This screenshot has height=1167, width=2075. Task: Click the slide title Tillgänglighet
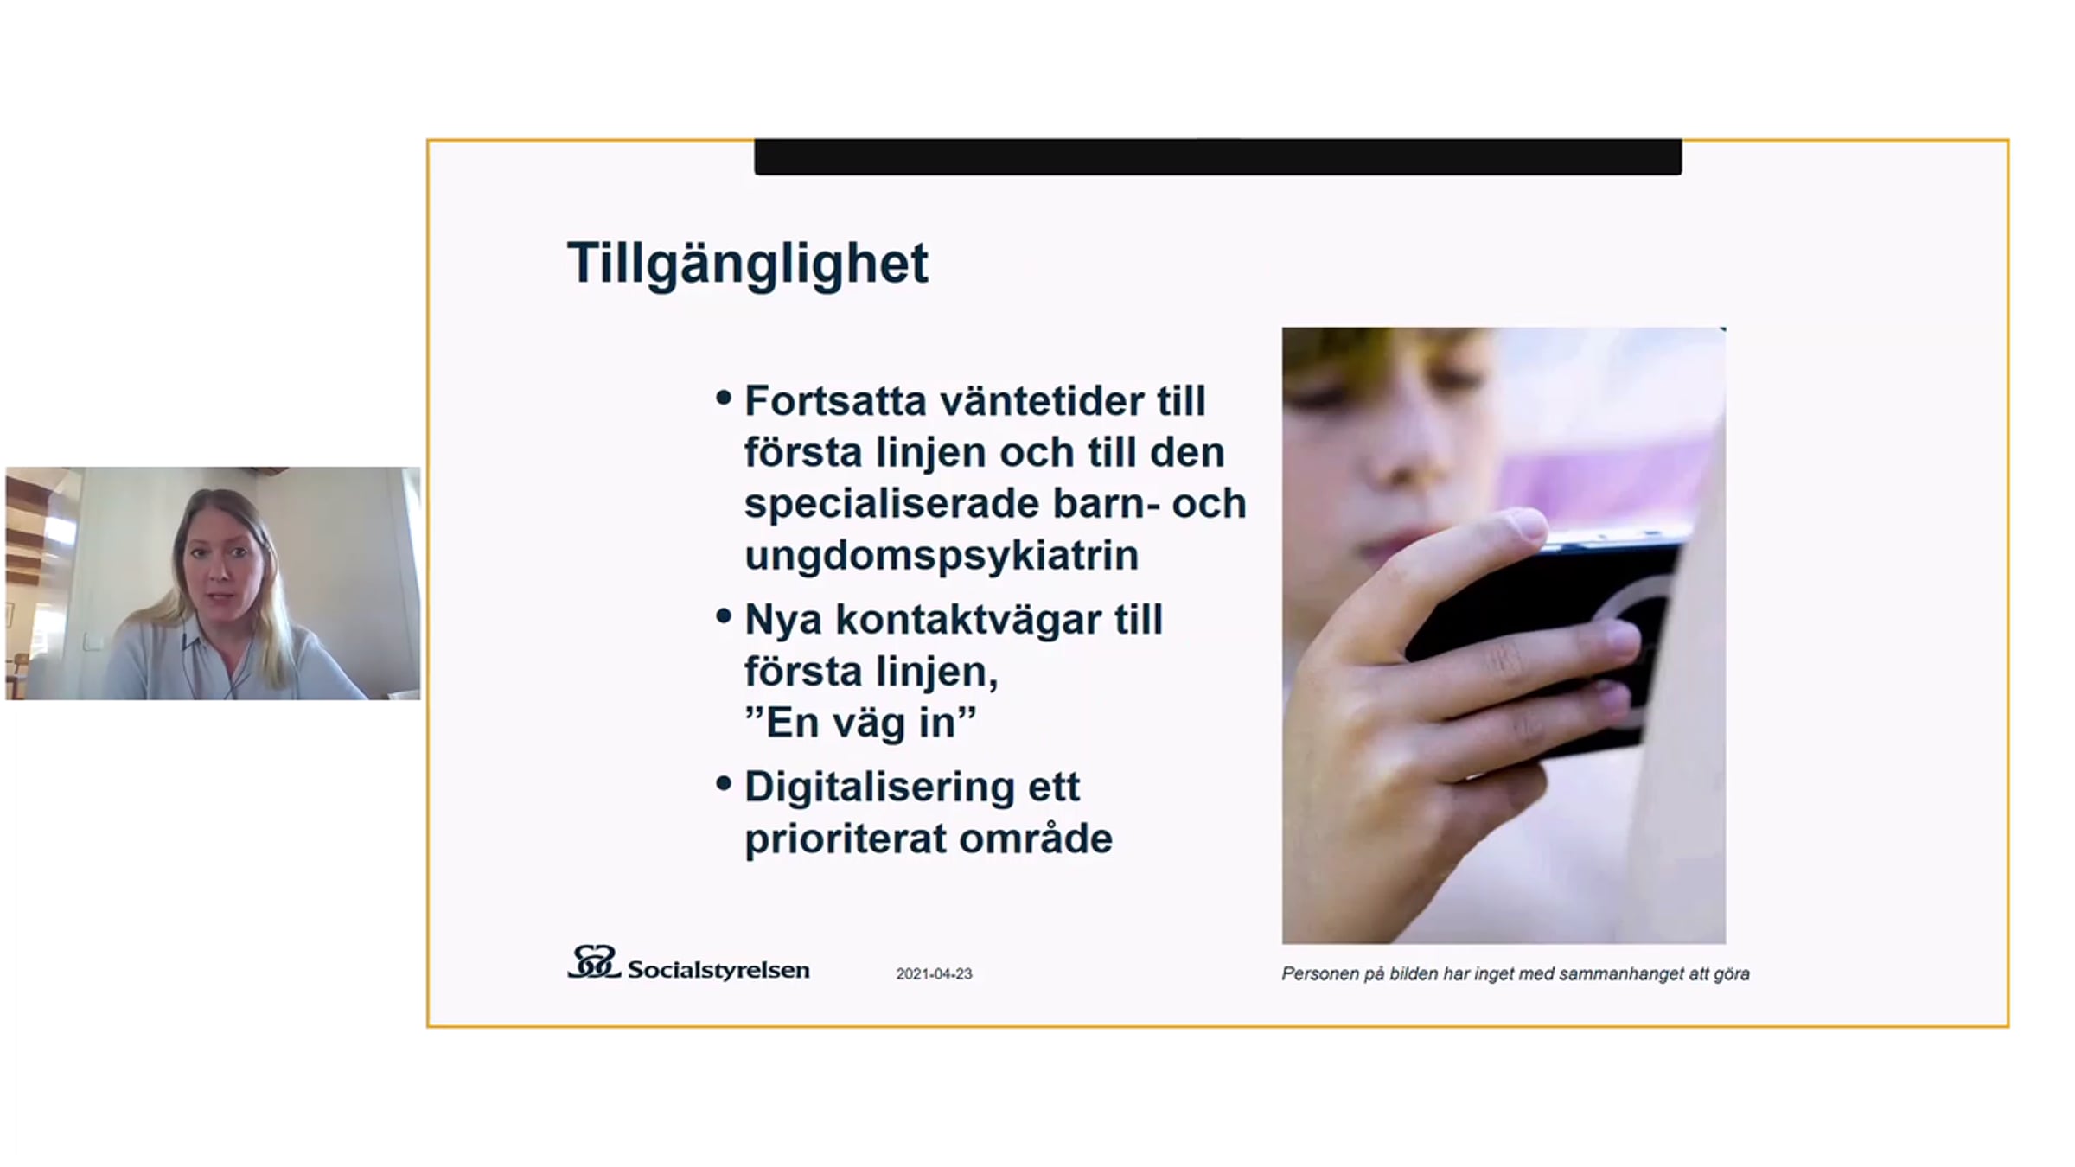click(x=748, y=264)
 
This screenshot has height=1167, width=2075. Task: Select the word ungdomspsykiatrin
click(x=942, y=556)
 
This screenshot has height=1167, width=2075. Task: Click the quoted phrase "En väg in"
click(x=860, y=723)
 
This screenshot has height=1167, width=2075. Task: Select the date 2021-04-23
click(x=934, y=973)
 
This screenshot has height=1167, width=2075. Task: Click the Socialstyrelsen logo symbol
click(x=593, y=961)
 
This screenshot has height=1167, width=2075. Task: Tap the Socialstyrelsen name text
click(x=718, y=970)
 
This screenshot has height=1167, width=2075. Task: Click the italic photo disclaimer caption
click(x=1516, y=974)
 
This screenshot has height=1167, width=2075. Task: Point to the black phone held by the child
click(x=1548, y=640)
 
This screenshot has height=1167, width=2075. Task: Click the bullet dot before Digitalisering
click(x=724, y=784)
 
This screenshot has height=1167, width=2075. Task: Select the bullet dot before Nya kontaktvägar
click(x=724, y=616)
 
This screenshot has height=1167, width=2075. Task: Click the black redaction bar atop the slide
click(x=1218, y=156)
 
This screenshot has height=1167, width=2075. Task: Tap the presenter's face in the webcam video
click(x=222, y=566)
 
